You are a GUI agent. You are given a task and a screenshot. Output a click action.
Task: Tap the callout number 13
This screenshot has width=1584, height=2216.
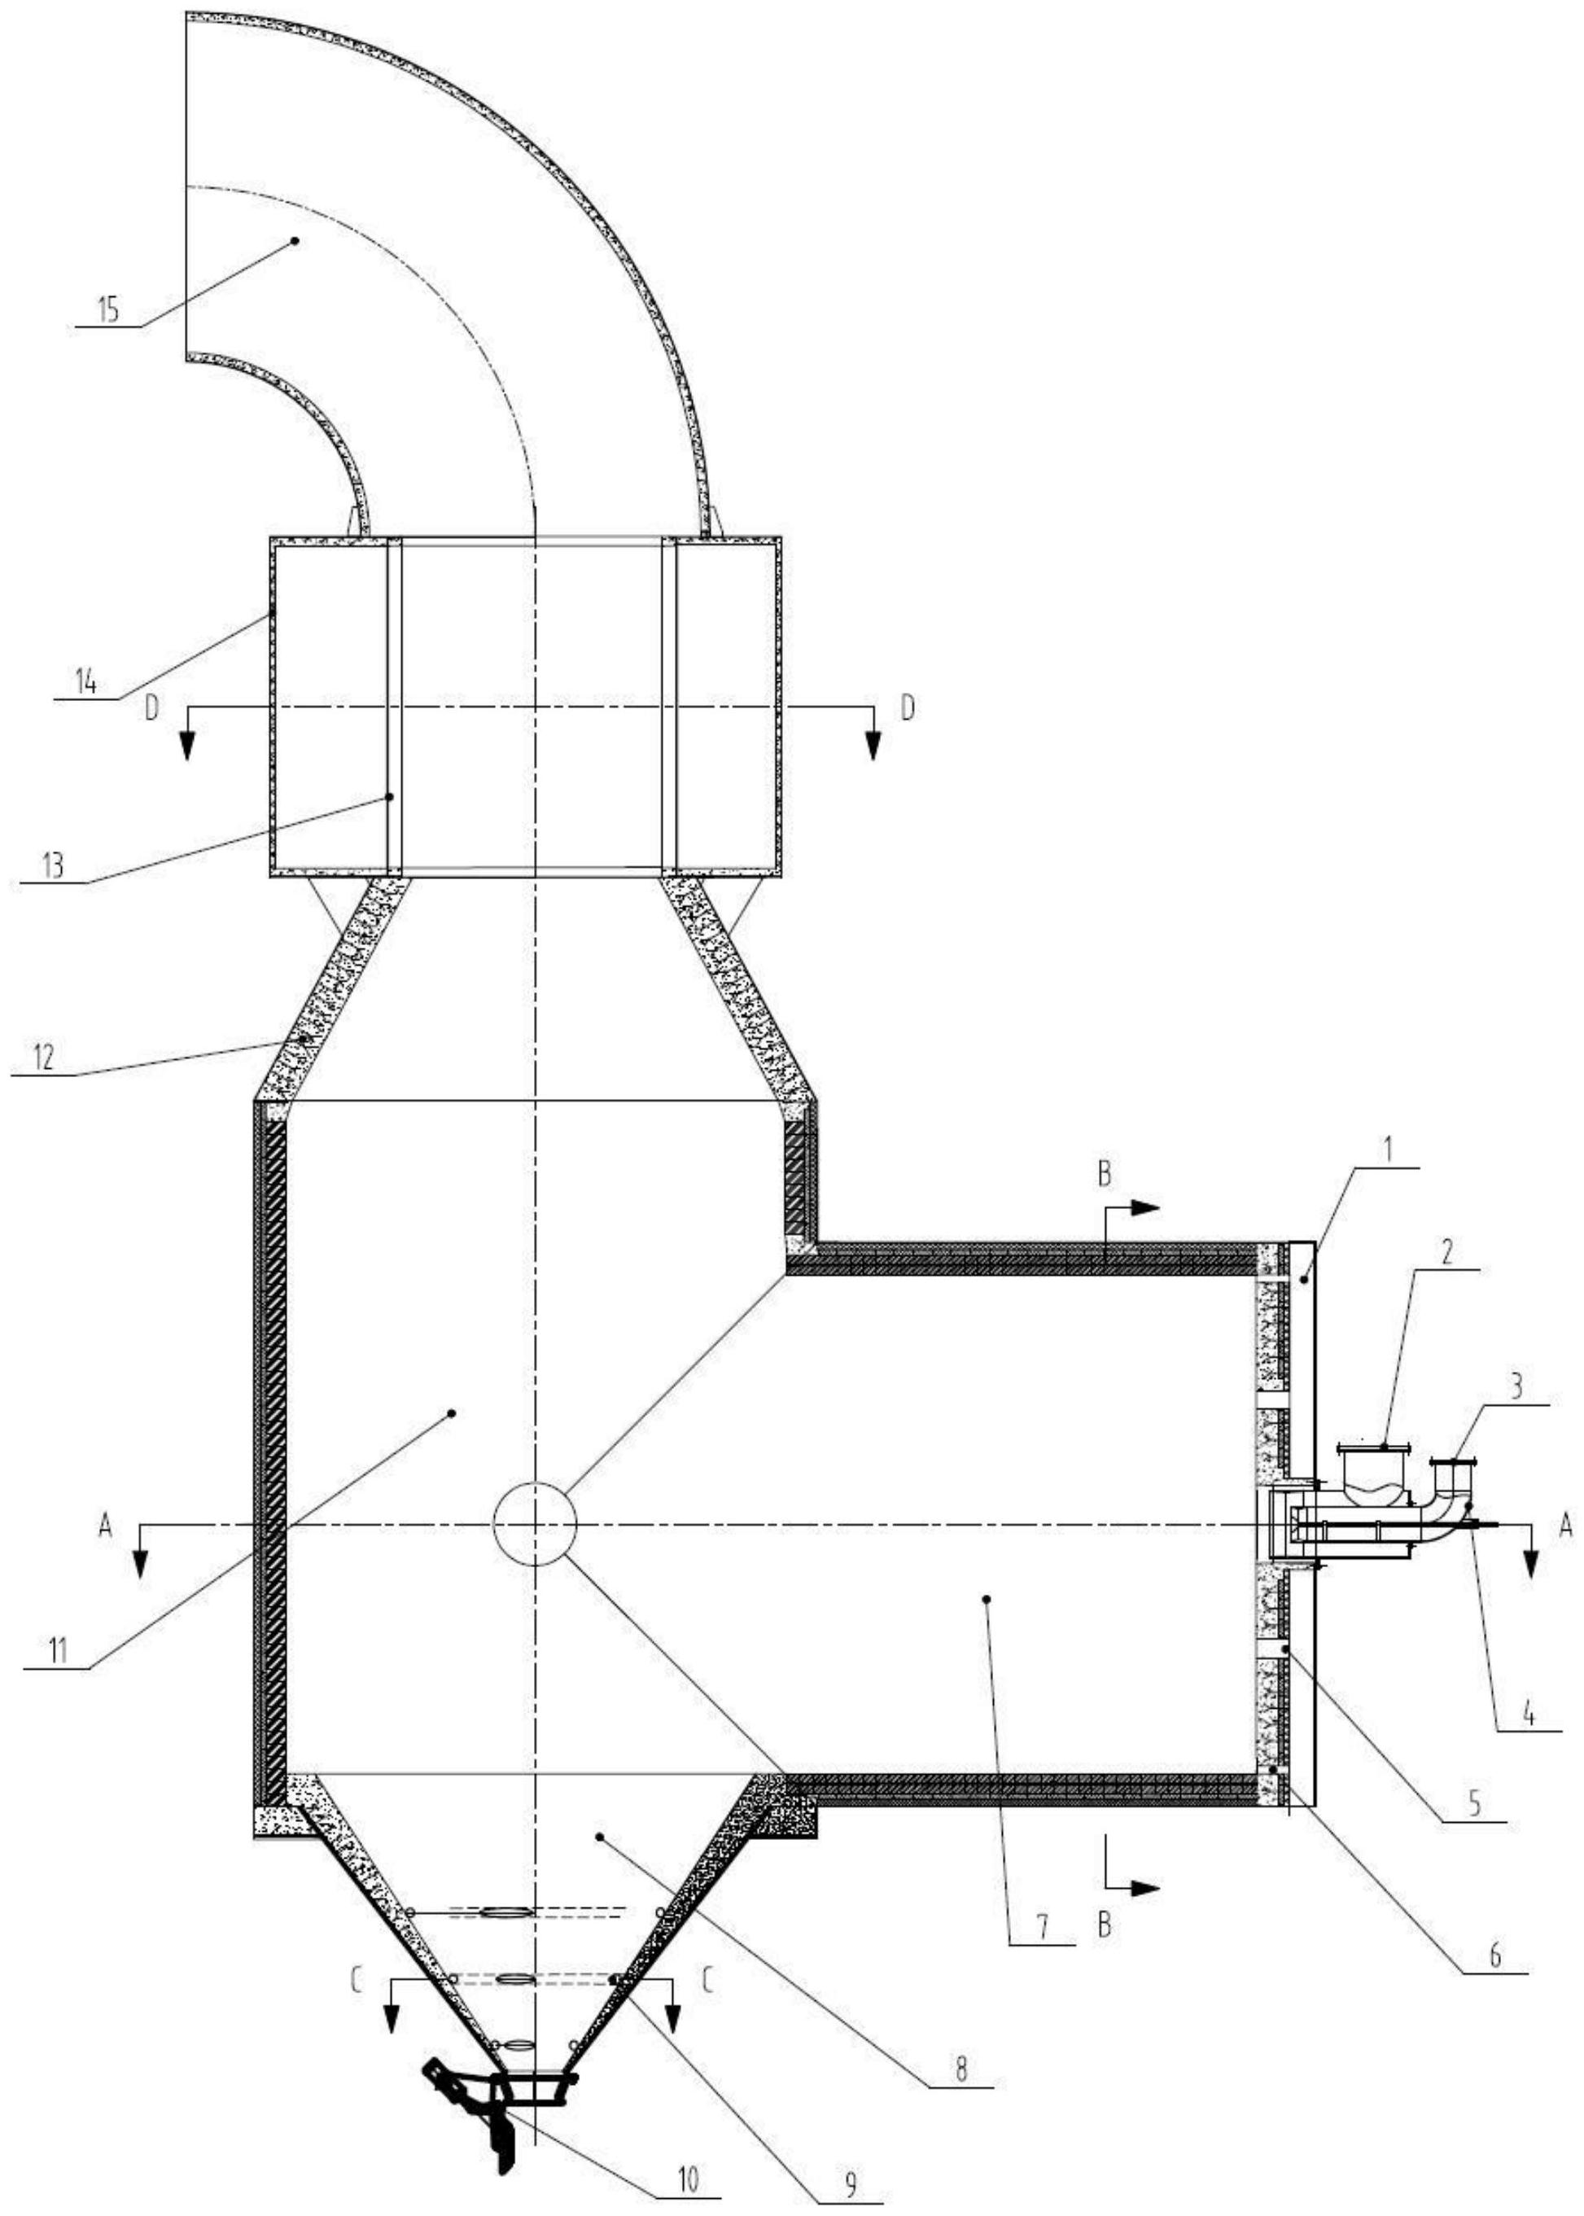pos(54,865)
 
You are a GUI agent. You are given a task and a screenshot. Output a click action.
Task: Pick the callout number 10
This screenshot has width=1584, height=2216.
pos(689,2144)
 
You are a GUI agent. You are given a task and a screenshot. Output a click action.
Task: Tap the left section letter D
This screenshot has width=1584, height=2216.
pos(151,708)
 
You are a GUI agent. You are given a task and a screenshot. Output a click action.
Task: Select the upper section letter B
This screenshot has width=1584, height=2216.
pos(1104,1176)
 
